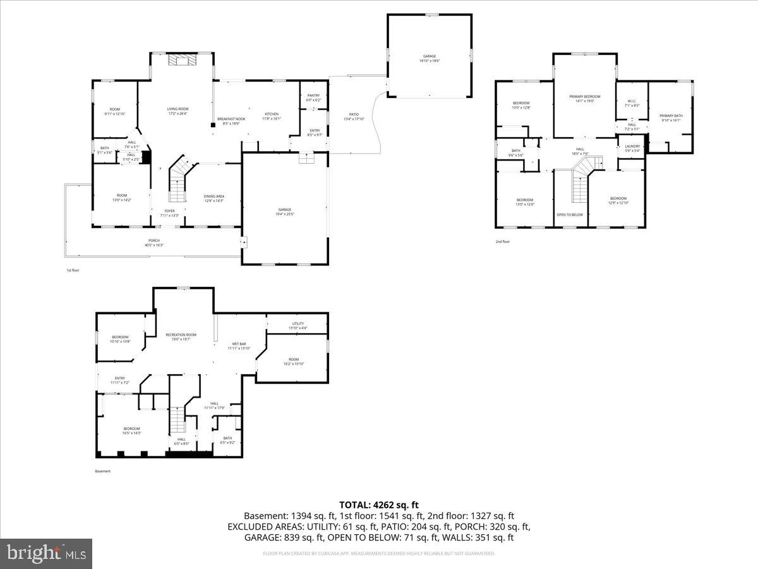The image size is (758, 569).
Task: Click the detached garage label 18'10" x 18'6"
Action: pyautogui.click(x=429, y=58)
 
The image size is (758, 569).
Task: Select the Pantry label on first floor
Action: pyautogui.click(x=313, y=98)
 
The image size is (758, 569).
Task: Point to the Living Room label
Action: pyautogui.click(x=177, y=111)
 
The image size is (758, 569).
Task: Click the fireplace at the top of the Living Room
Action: pyautogui.click(x=182, y=60)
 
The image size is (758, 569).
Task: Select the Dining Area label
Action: pyautogui.click(x=214, y=199)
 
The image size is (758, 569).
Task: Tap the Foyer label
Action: pyautogui.click(x=169, y=213)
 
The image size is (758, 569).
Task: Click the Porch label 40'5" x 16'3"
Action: pyautogui.click(x=154, y=243)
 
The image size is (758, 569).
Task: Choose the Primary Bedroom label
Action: pyautogui.click(x=584, y=99)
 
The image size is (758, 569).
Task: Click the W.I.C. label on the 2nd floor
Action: pyautogui.click(x=632, y=103)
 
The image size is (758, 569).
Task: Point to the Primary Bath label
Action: pyautogui.click(x=671, y=118)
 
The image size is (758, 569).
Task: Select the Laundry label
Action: pyautogui.click(x=632, y=148)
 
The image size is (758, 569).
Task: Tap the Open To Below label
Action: pyautogui.click(x=570, y=215)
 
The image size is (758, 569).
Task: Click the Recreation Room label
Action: pyautogui.click(x=181, y=337)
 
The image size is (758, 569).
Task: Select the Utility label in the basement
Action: pyautogui.click(x=298, y=325)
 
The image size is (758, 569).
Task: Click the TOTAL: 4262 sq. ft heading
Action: pyautogui.click(x=379, y=505)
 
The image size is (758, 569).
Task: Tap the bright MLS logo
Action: pyautogui.click(x=46, y=554)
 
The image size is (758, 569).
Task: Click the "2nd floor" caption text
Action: pyautogui.click(x=502, y=242)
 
